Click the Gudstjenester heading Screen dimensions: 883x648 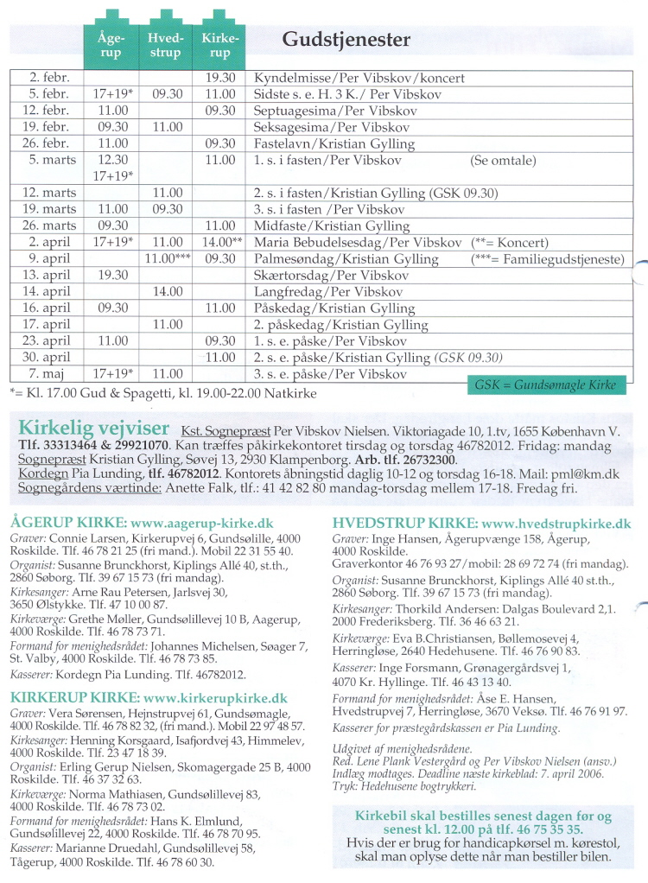click(x=346, y=40)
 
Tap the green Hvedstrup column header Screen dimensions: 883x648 click(x=165, y=46)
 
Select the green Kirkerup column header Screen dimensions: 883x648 click(x=219, y=46)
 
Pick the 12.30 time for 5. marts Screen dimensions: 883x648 click(x=112, y=160)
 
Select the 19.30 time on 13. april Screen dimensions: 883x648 click(x=112, y=275)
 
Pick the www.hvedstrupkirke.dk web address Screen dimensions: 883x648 click(x=556, y=524)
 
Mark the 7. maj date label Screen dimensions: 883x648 click(x=48, y=375)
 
